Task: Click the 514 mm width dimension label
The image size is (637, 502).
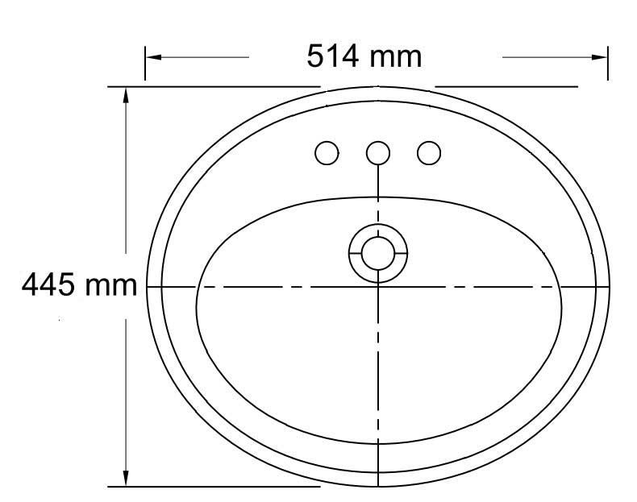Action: coord(364,56)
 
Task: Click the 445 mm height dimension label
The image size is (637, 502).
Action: coord(78,284)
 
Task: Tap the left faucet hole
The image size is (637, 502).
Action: coord(327,152)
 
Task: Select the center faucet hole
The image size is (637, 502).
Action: coord(377,152)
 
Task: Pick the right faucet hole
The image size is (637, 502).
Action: coord(429,152)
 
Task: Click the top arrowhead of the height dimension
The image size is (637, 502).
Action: coord(126,94)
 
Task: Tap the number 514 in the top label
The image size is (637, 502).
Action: coord(332,56)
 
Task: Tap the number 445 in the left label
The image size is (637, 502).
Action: coord(47,284)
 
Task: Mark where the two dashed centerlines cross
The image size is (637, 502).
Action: coord(378,287)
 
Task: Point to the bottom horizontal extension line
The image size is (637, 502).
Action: coord(242,487)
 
